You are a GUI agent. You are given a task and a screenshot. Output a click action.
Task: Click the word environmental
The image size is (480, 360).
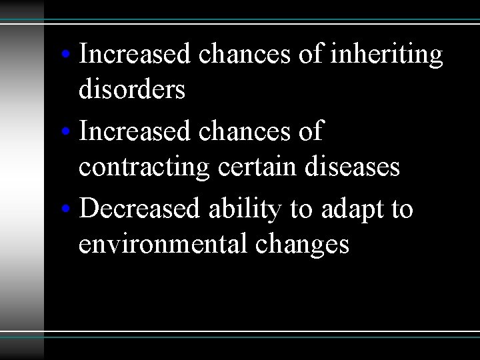[x=163, y=245]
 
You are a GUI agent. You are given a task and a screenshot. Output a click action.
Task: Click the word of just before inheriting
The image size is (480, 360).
[x=311, y=55]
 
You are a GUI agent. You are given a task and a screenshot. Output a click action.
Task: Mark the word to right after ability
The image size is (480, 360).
[x=301, y=209]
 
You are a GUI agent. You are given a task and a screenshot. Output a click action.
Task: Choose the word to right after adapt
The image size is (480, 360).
[x=400, y=209]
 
